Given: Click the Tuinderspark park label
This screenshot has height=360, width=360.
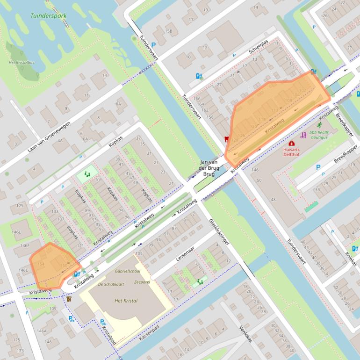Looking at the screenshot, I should pos(49,15).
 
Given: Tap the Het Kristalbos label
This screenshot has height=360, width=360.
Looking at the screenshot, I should pos(18,63).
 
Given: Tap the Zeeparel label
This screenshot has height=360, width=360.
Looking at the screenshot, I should pos(142,283).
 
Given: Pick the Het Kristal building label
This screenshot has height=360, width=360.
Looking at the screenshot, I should pos(126,301).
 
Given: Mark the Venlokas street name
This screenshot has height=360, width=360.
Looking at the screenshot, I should pos(245,333).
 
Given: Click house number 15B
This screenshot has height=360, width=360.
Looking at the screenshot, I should pos(168,31).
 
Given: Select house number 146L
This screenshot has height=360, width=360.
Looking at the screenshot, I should pos(17,232).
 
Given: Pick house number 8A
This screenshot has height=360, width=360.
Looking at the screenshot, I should pos(119,104).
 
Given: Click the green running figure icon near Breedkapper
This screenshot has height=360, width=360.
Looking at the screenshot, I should pos(320,125).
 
